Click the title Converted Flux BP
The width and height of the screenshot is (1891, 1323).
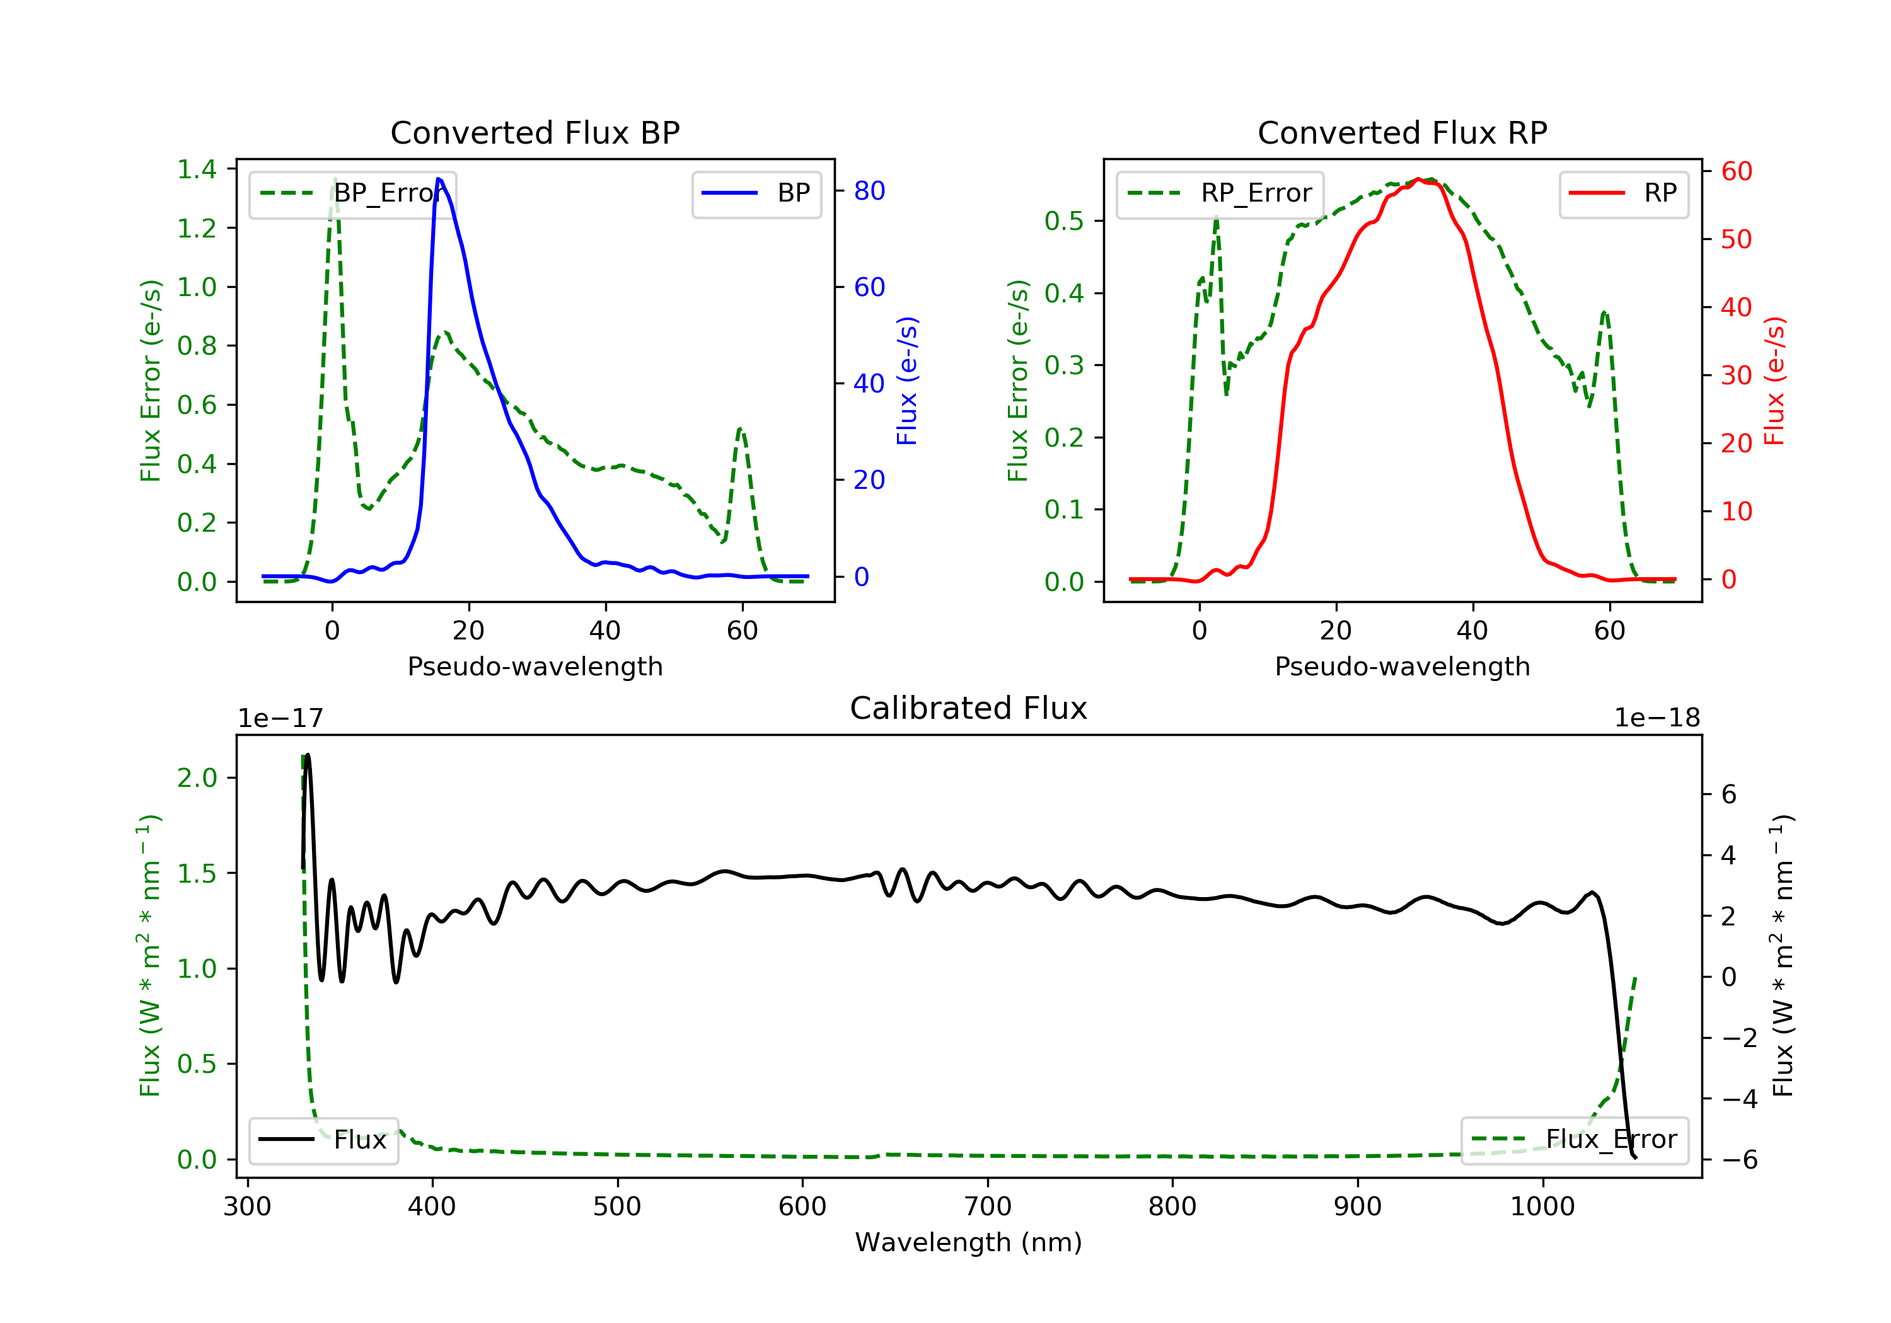pos(535,132)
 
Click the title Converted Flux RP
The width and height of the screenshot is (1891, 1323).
pos(1402,132)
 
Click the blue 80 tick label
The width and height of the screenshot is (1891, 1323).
pos(869,191)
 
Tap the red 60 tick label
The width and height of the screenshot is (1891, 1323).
pos(1736,171)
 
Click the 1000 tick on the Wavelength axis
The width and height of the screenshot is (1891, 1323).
pos(1542,1207)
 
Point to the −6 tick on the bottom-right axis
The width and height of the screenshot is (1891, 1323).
pos(1738,1160)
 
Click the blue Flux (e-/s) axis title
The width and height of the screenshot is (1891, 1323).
pos(907,381)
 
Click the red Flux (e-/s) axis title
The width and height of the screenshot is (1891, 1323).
pos(1774,381)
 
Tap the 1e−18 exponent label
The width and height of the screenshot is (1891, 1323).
pos(1657,718)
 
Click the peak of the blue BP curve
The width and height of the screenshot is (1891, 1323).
pos(439,179)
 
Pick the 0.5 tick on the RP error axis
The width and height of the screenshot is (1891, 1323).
pos(1064,220)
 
